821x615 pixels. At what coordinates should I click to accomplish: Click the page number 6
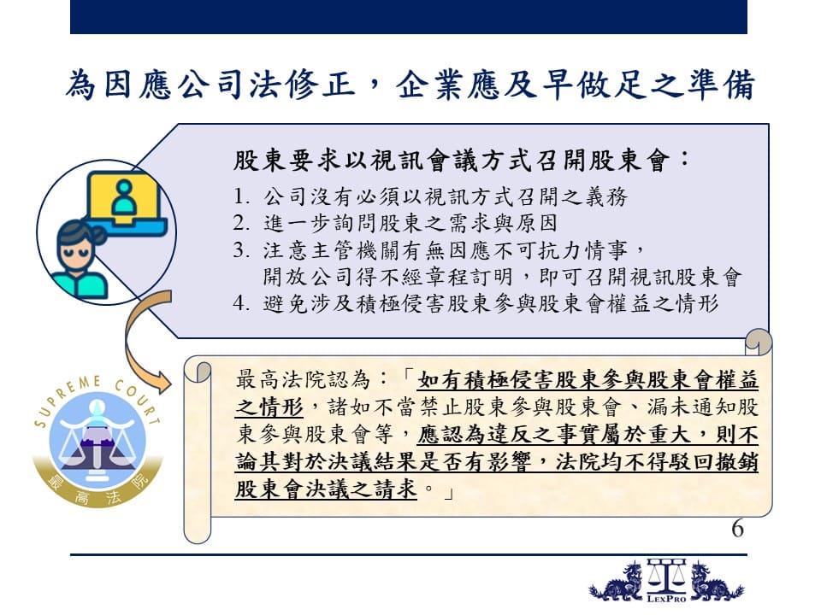pyautogui.click(x=738, y=529)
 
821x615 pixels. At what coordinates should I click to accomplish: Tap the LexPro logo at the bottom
pyautogui.click(x=666, y=581)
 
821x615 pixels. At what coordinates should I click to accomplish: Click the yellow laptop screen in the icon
pyautogui.click(x=124, y=197)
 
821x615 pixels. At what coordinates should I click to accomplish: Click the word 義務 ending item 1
pyautogui.click(x=605, y=196)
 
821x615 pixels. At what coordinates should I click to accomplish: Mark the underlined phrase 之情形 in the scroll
pyautogui.click(x=269, y=407)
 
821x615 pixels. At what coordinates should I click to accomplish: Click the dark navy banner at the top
pyautogui.click(x=409, y=17)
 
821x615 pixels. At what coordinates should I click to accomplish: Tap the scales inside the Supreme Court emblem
pyautogui.click(x=97, y=443)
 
